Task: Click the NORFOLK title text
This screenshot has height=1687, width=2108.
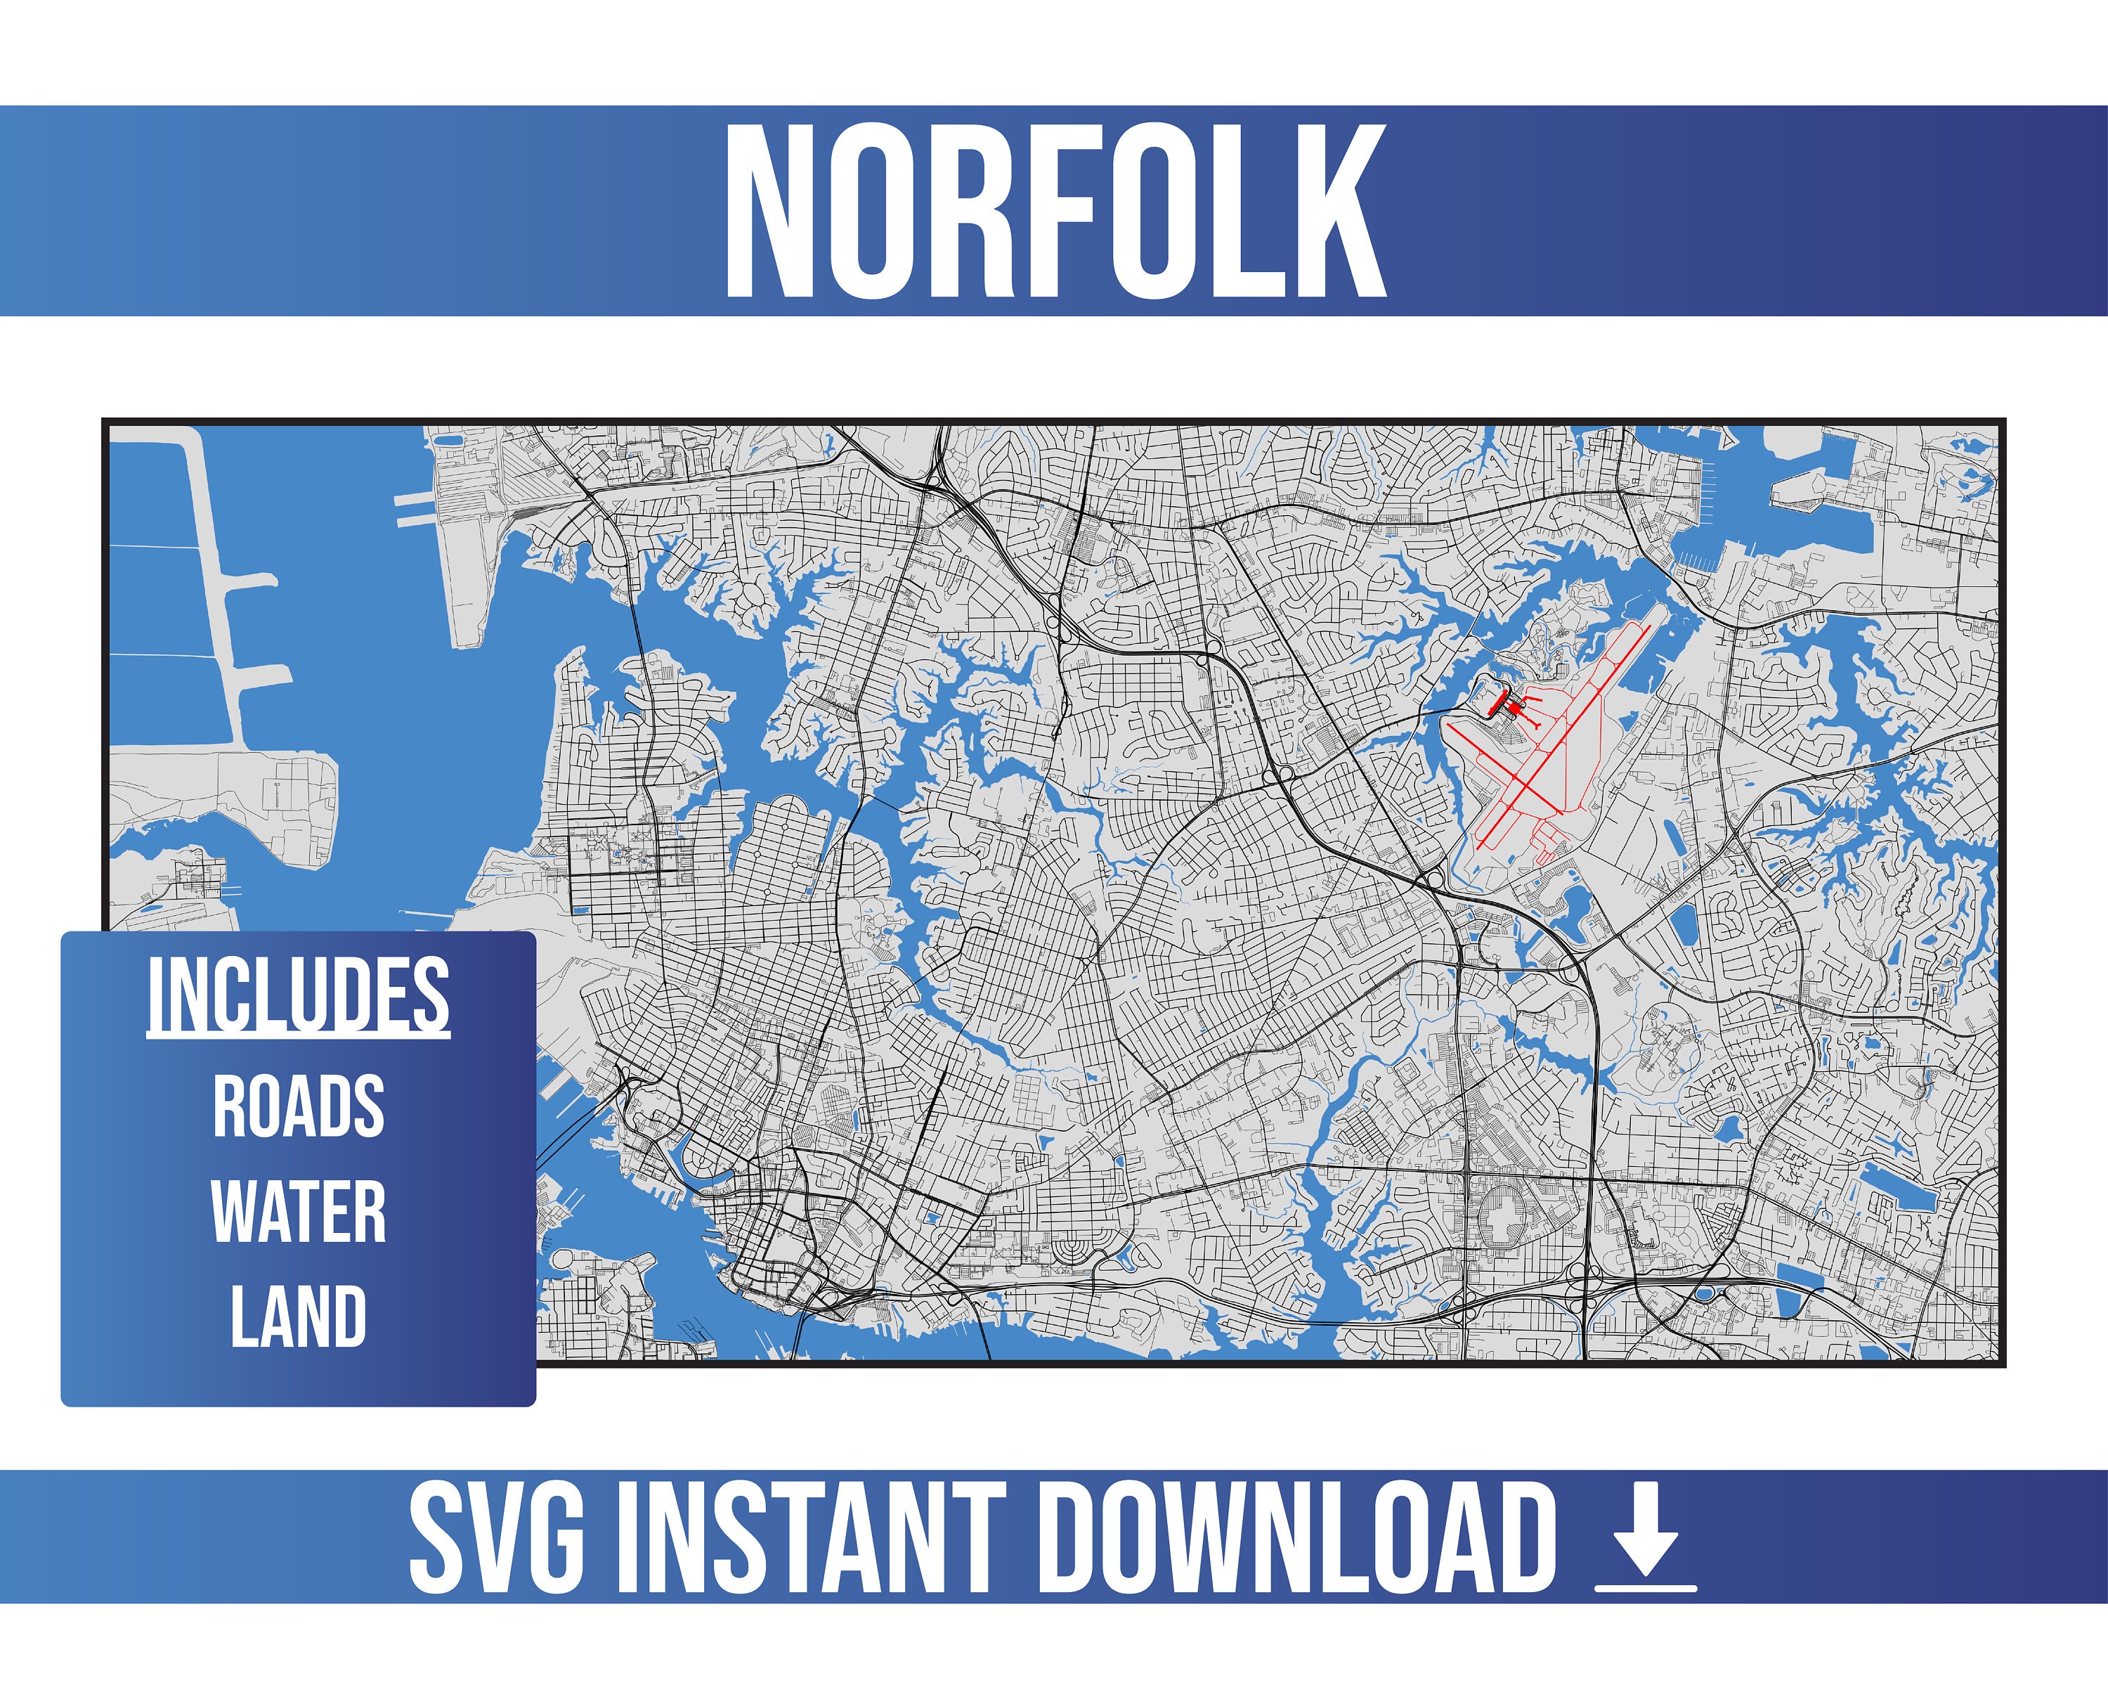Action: click(x=1054, y=212)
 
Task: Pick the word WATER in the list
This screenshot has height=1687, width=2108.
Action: click(x=298, y=1212)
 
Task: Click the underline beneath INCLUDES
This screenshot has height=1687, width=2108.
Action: click(x=298, y=1034)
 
